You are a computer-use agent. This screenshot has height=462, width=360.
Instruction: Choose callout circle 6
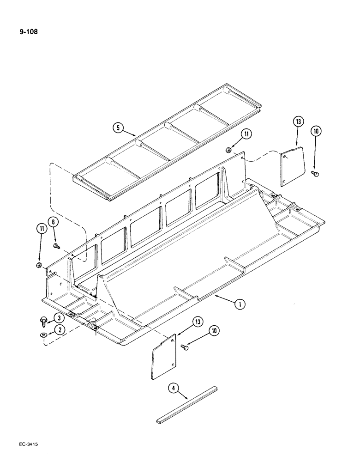(x=54, y=222)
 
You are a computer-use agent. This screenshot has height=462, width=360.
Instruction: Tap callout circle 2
(x=59, y=329)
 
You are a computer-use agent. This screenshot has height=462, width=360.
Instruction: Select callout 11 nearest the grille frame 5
(x=245, y=134)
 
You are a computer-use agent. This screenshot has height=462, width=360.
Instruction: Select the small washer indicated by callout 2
(x=42, y=335)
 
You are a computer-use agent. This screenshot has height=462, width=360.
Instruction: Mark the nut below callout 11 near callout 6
(x=39, y=265)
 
